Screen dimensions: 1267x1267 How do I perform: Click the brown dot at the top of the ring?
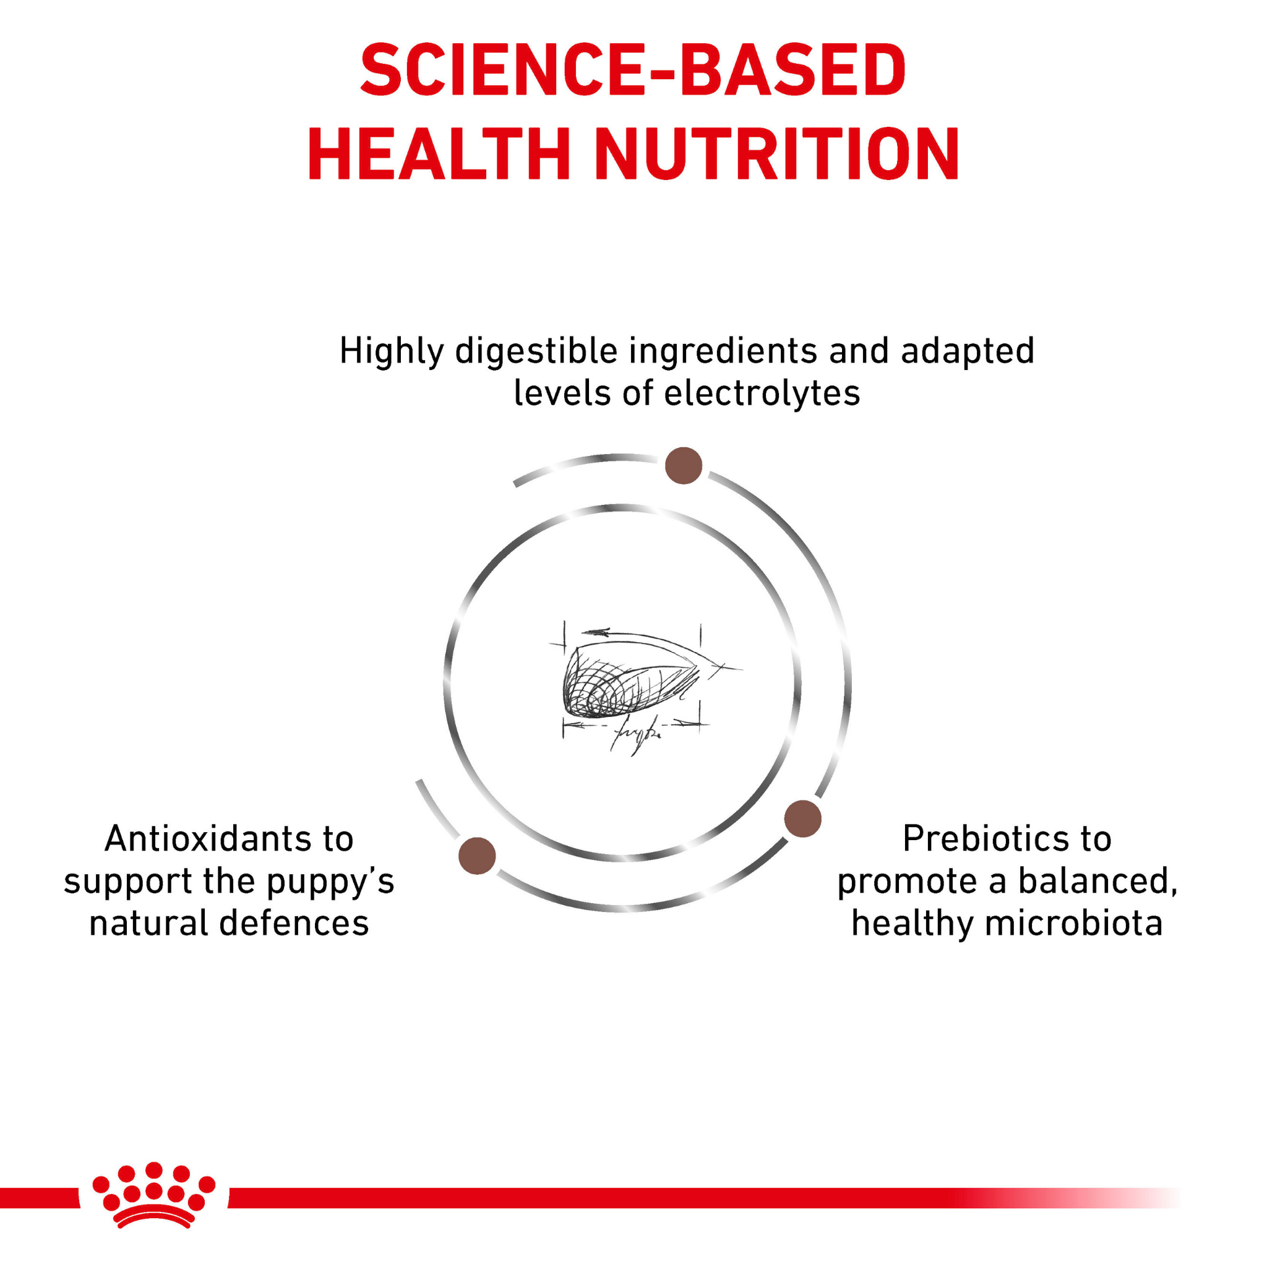(x=684, y=466)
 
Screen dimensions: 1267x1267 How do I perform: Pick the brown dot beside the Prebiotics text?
(x=802, y=818)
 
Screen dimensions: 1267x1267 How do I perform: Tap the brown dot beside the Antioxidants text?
(x=477, y=856)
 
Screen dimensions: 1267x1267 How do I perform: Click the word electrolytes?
(x=762, y=393)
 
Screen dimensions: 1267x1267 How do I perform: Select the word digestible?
(x=536, y=351)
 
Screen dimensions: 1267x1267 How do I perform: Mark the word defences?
(x=294, y=924)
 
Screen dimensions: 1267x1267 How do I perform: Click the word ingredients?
(x=723, y=351)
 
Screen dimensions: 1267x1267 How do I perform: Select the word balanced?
(x=1098, y=882)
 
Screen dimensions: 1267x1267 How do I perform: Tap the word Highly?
(x=392, y=351)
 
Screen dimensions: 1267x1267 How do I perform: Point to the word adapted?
(x=968, y=351)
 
